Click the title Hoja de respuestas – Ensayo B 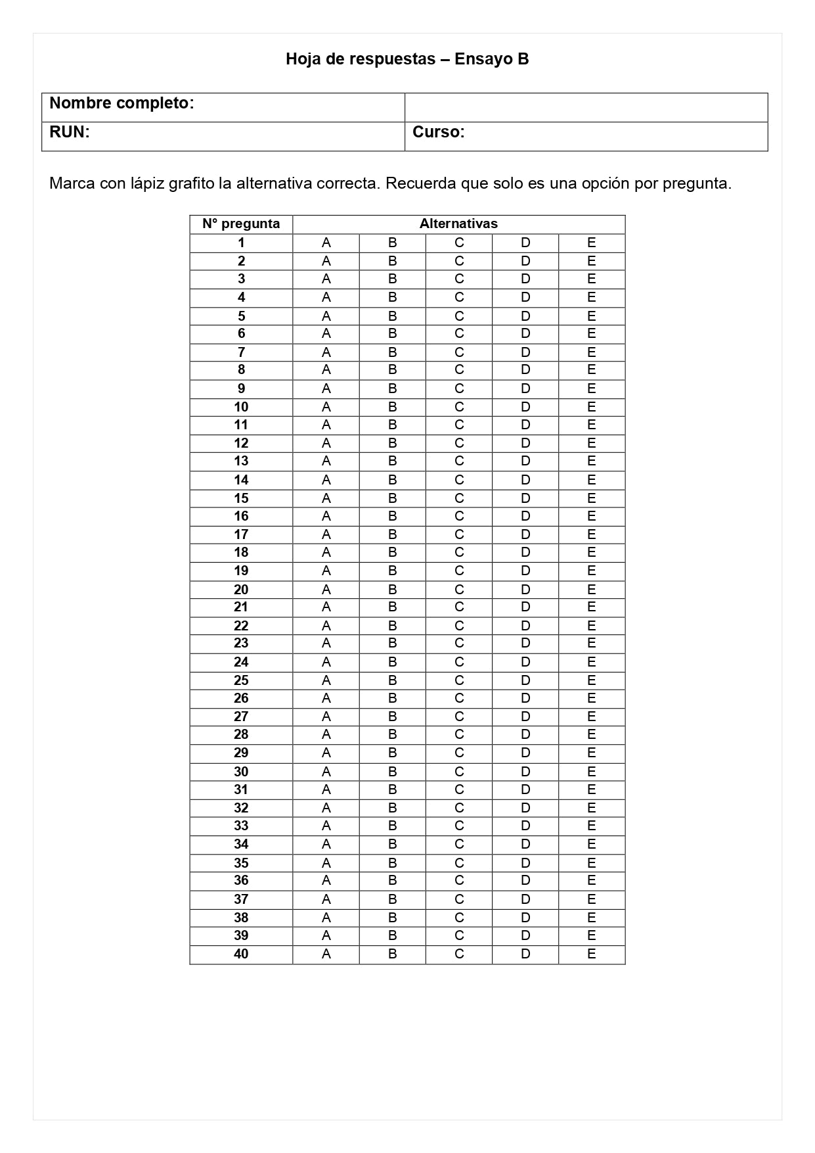click(x=407, y=59)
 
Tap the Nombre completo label click(x=121, y=103)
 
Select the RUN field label click(x=69, y=132)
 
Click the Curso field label click(x=438, y=132)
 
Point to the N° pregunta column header click(x=241, y=224)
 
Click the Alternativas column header click(x=458, y=224)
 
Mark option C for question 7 click(x=459, y=352)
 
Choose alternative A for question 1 click(x=326, y=243)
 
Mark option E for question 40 click(x=592, y=954)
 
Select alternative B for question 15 click(x=393, y=498)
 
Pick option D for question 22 click(x=525, y=626)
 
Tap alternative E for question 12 click(x=592, y=443)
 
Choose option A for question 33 click(x=326, y=826)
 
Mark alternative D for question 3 click(x=525, y=279)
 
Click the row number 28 click(x=241, y=734)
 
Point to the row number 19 click(x=241, y=571)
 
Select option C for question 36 click(x=459, y=880)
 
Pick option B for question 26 click(x=393, y=698)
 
